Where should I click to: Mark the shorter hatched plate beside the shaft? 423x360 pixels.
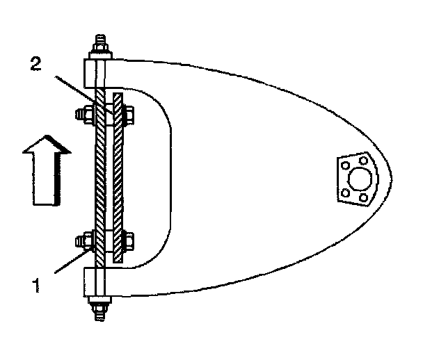[118, 177]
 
